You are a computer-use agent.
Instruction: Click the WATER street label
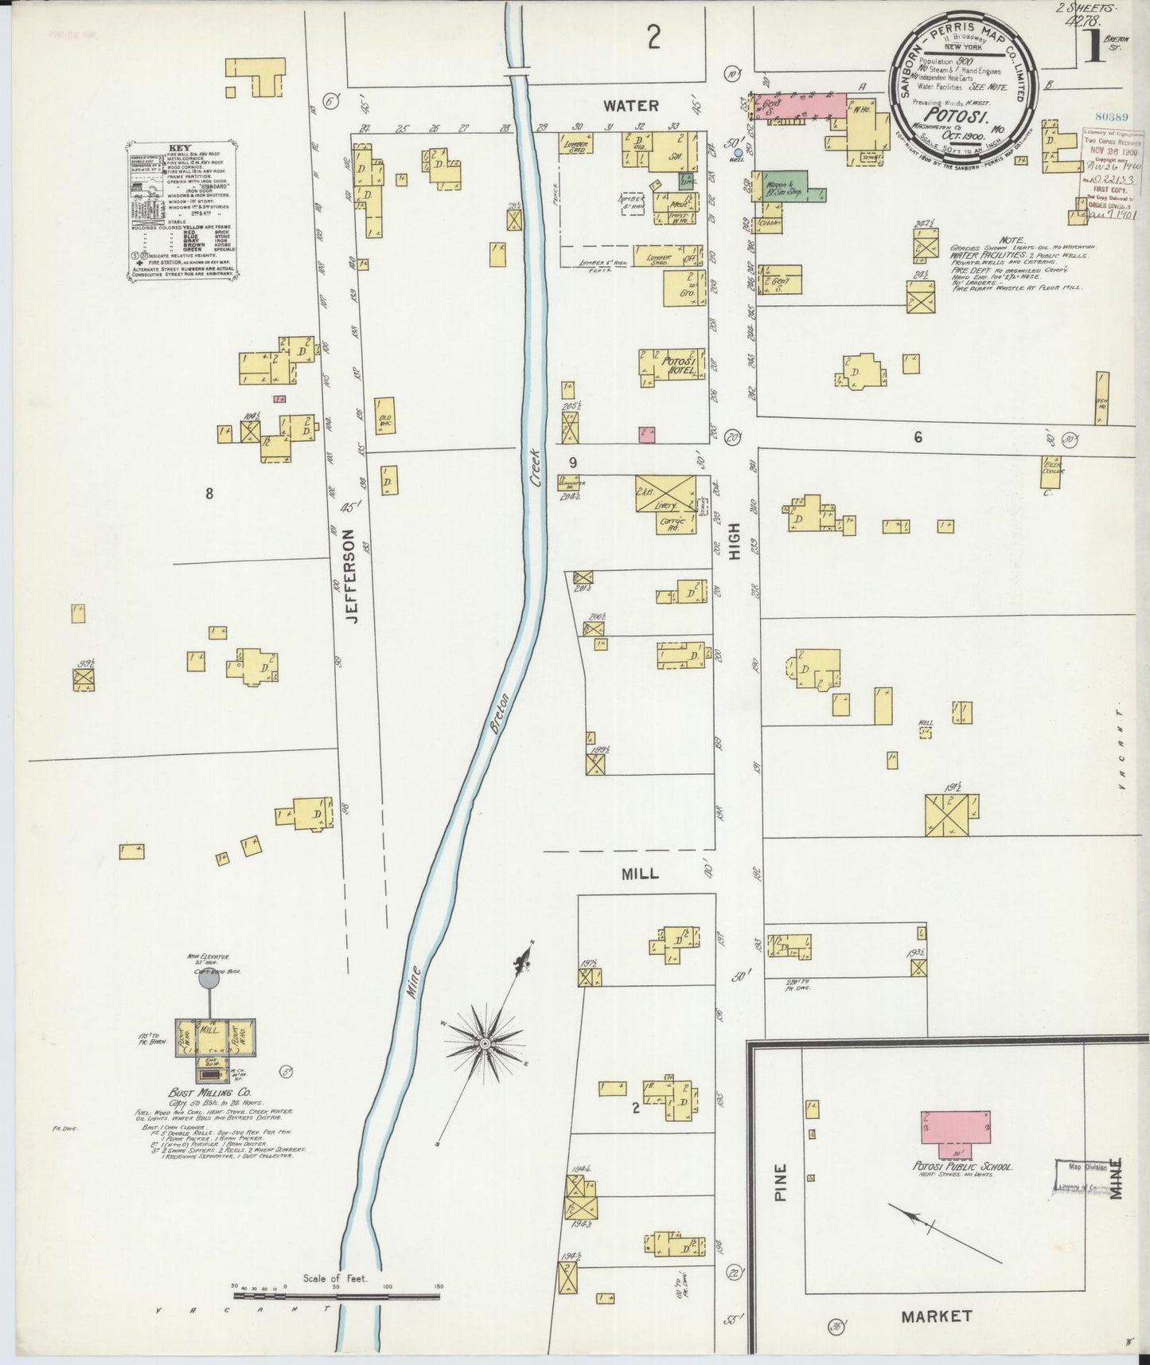[630, 105]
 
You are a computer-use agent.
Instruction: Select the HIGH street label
[734, 542]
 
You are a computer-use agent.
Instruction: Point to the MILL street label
[640, 874]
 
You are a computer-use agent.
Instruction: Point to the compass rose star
[484, 1042]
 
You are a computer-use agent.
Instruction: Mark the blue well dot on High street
[739, 152]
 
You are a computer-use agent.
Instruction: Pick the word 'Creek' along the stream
[534, 467]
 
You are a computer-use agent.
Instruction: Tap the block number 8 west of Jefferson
[209, 494]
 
